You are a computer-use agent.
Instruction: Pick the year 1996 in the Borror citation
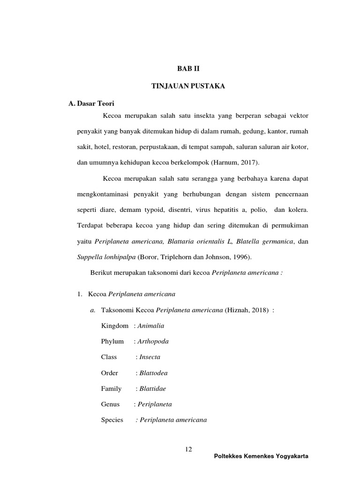coord(244,257)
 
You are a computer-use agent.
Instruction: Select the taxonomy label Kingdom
coord(114,325)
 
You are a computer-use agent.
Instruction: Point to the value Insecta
coord(149,357)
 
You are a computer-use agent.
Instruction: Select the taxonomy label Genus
coord(110,404)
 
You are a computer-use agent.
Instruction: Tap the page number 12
coord(189,450)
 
